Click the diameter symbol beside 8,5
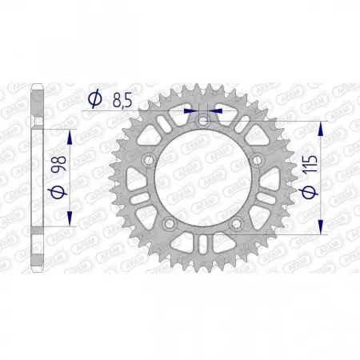tap(95, 98)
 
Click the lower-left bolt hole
tap(168, 226)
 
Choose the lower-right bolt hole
tap(237, 226)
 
